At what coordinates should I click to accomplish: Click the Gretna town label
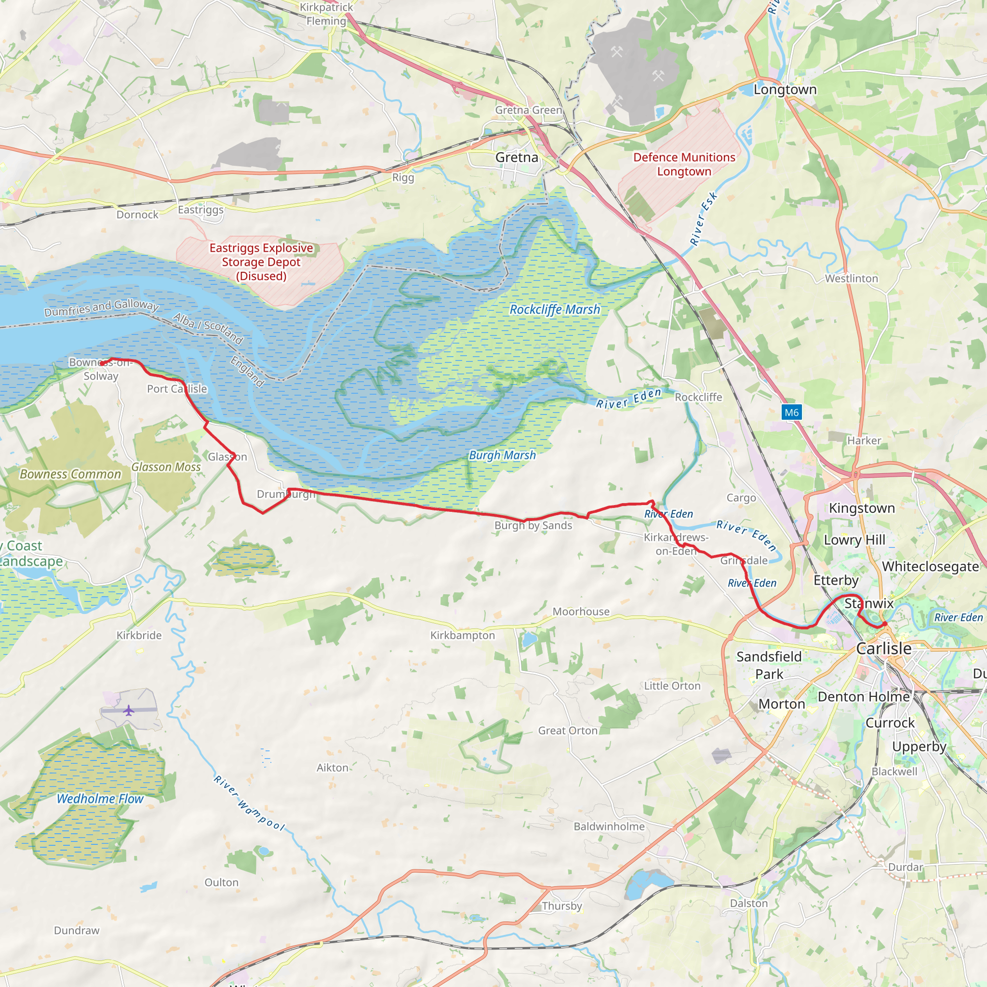coord(517,157)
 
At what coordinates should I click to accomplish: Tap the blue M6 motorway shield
coord(791,412)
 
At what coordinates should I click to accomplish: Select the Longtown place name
coord(785,90)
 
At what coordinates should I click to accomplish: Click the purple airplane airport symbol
coord(128,710)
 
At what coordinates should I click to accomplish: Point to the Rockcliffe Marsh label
coord(555,309)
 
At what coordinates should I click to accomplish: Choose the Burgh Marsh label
coord(502,455)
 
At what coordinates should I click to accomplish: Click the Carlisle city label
coord(884,648)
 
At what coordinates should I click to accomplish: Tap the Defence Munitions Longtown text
coord(684,164)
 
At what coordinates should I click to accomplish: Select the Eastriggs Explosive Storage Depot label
coord(261,262)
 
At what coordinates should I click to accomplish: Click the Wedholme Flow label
coord(100,799)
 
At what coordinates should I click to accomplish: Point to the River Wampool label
coord(249,803)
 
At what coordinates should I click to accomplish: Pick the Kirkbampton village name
coord(462,635)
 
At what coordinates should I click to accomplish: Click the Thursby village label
coord(561,906)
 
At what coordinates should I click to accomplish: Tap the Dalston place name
coord(748,903)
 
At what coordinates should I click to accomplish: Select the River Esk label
coord(703,219)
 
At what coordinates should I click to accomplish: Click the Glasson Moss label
coord(166,467)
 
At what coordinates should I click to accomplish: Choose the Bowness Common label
coord(70,474)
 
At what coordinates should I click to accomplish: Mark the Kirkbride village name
coord(139,635)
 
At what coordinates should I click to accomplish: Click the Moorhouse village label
coord(581,612)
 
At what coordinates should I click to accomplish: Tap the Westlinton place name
coord(851,279)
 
